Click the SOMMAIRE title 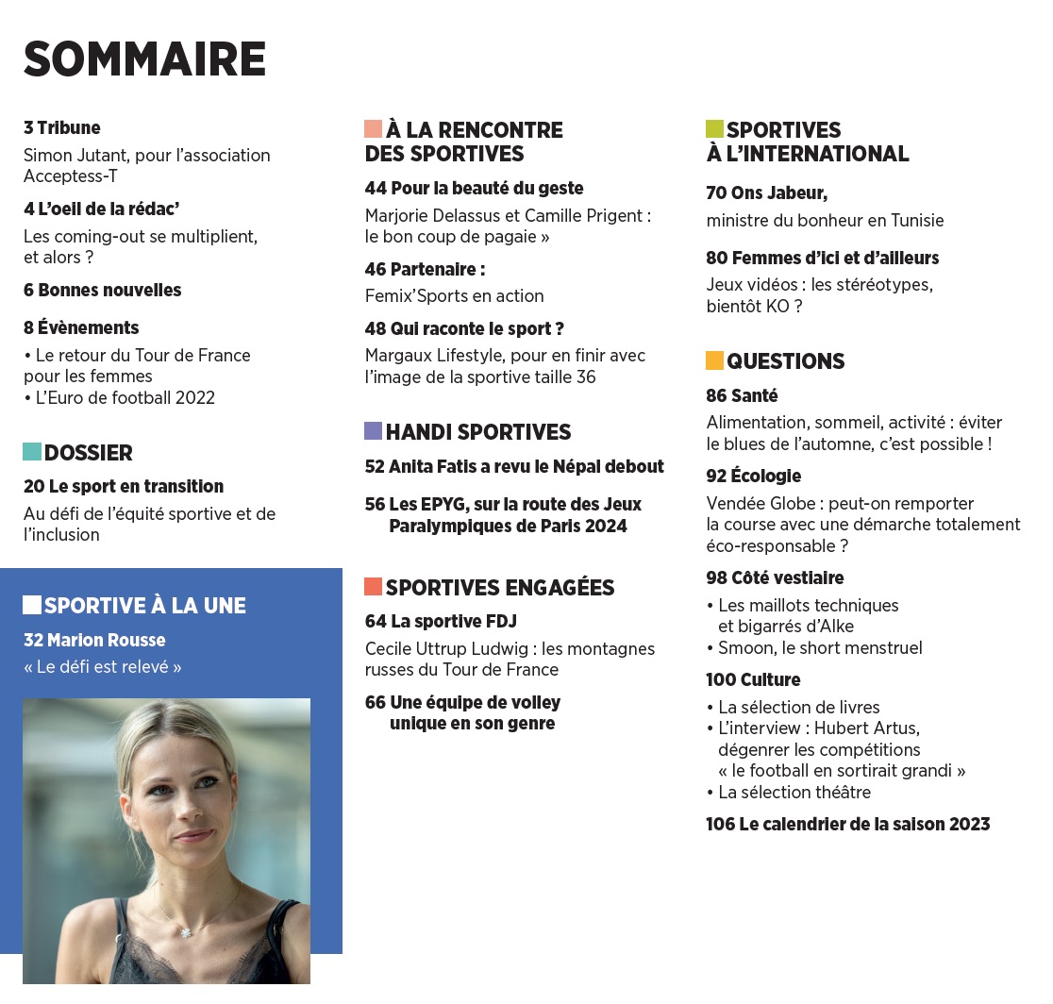pyautogui.click(x=144, y=59)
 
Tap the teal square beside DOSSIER pyautogui.click(x=32, y=452)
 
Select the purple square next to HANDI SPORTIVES pyautogui.click(x=374, y=431)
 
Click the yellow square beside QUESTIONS pyautogui.click(x=714, y=360)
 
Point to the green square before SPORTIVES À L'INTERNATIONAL pyautogui.click(x=714, y=129)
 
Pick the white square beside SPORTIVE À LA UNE pyautogui.click(x=32, y=605)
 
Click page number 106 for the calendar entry pyautogui.click(x=720, y=824)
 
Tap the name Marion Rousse pyautogui.click(x=107, y=640)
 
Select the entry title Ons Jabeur pyautogui.click(x=778, y=193)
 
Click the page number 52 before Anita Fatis pyautogui.click(x=375, y=466)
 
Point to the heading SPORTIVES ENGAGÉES pyautogui.click(x=500, y=588)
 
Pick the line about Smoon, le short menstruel pyautogui.click(x=820, y=647)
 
